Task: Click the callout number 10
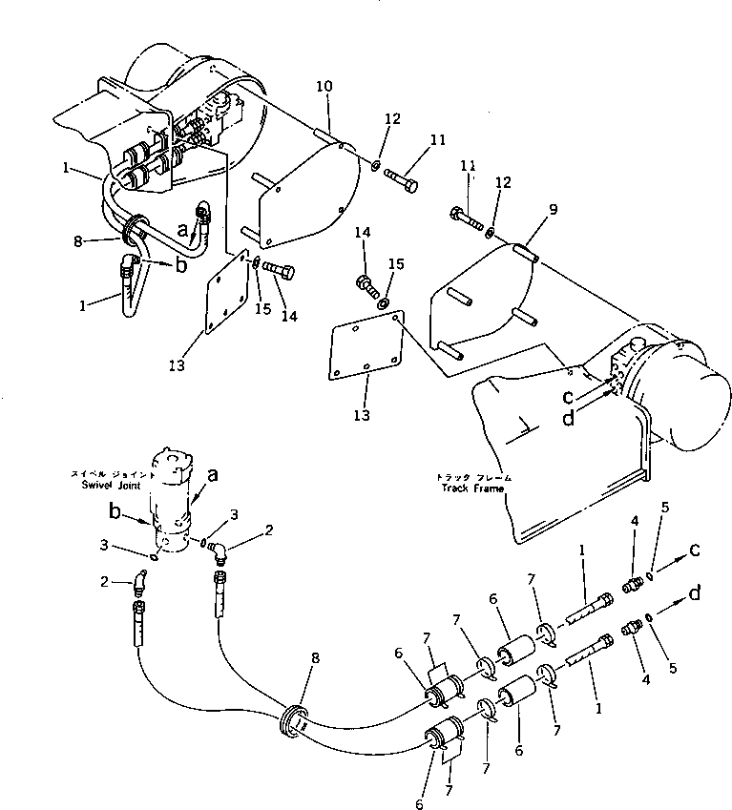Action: pos(324,87)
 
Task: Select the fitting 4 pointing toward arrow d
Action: pos(631,628)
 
